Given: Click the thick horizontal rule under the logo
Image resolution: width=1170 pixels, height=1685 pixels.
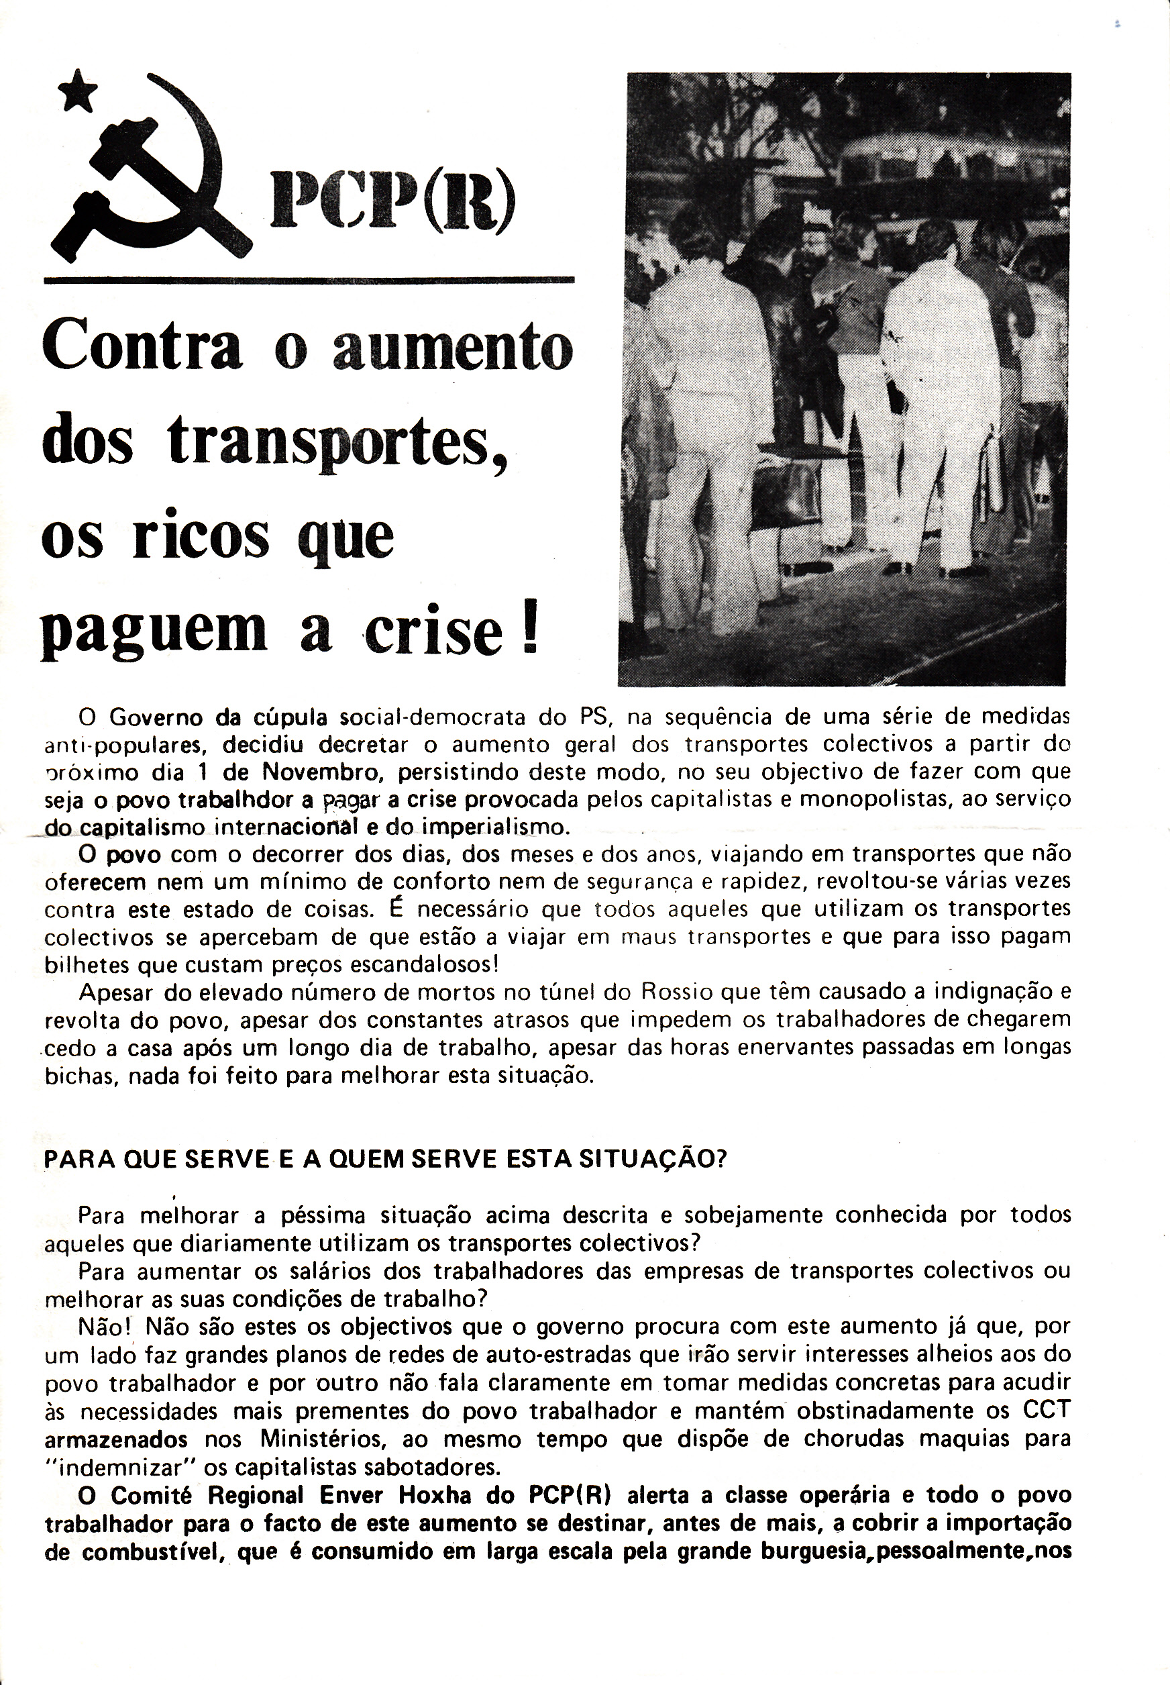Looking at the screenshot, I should [x=309, y=279].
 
